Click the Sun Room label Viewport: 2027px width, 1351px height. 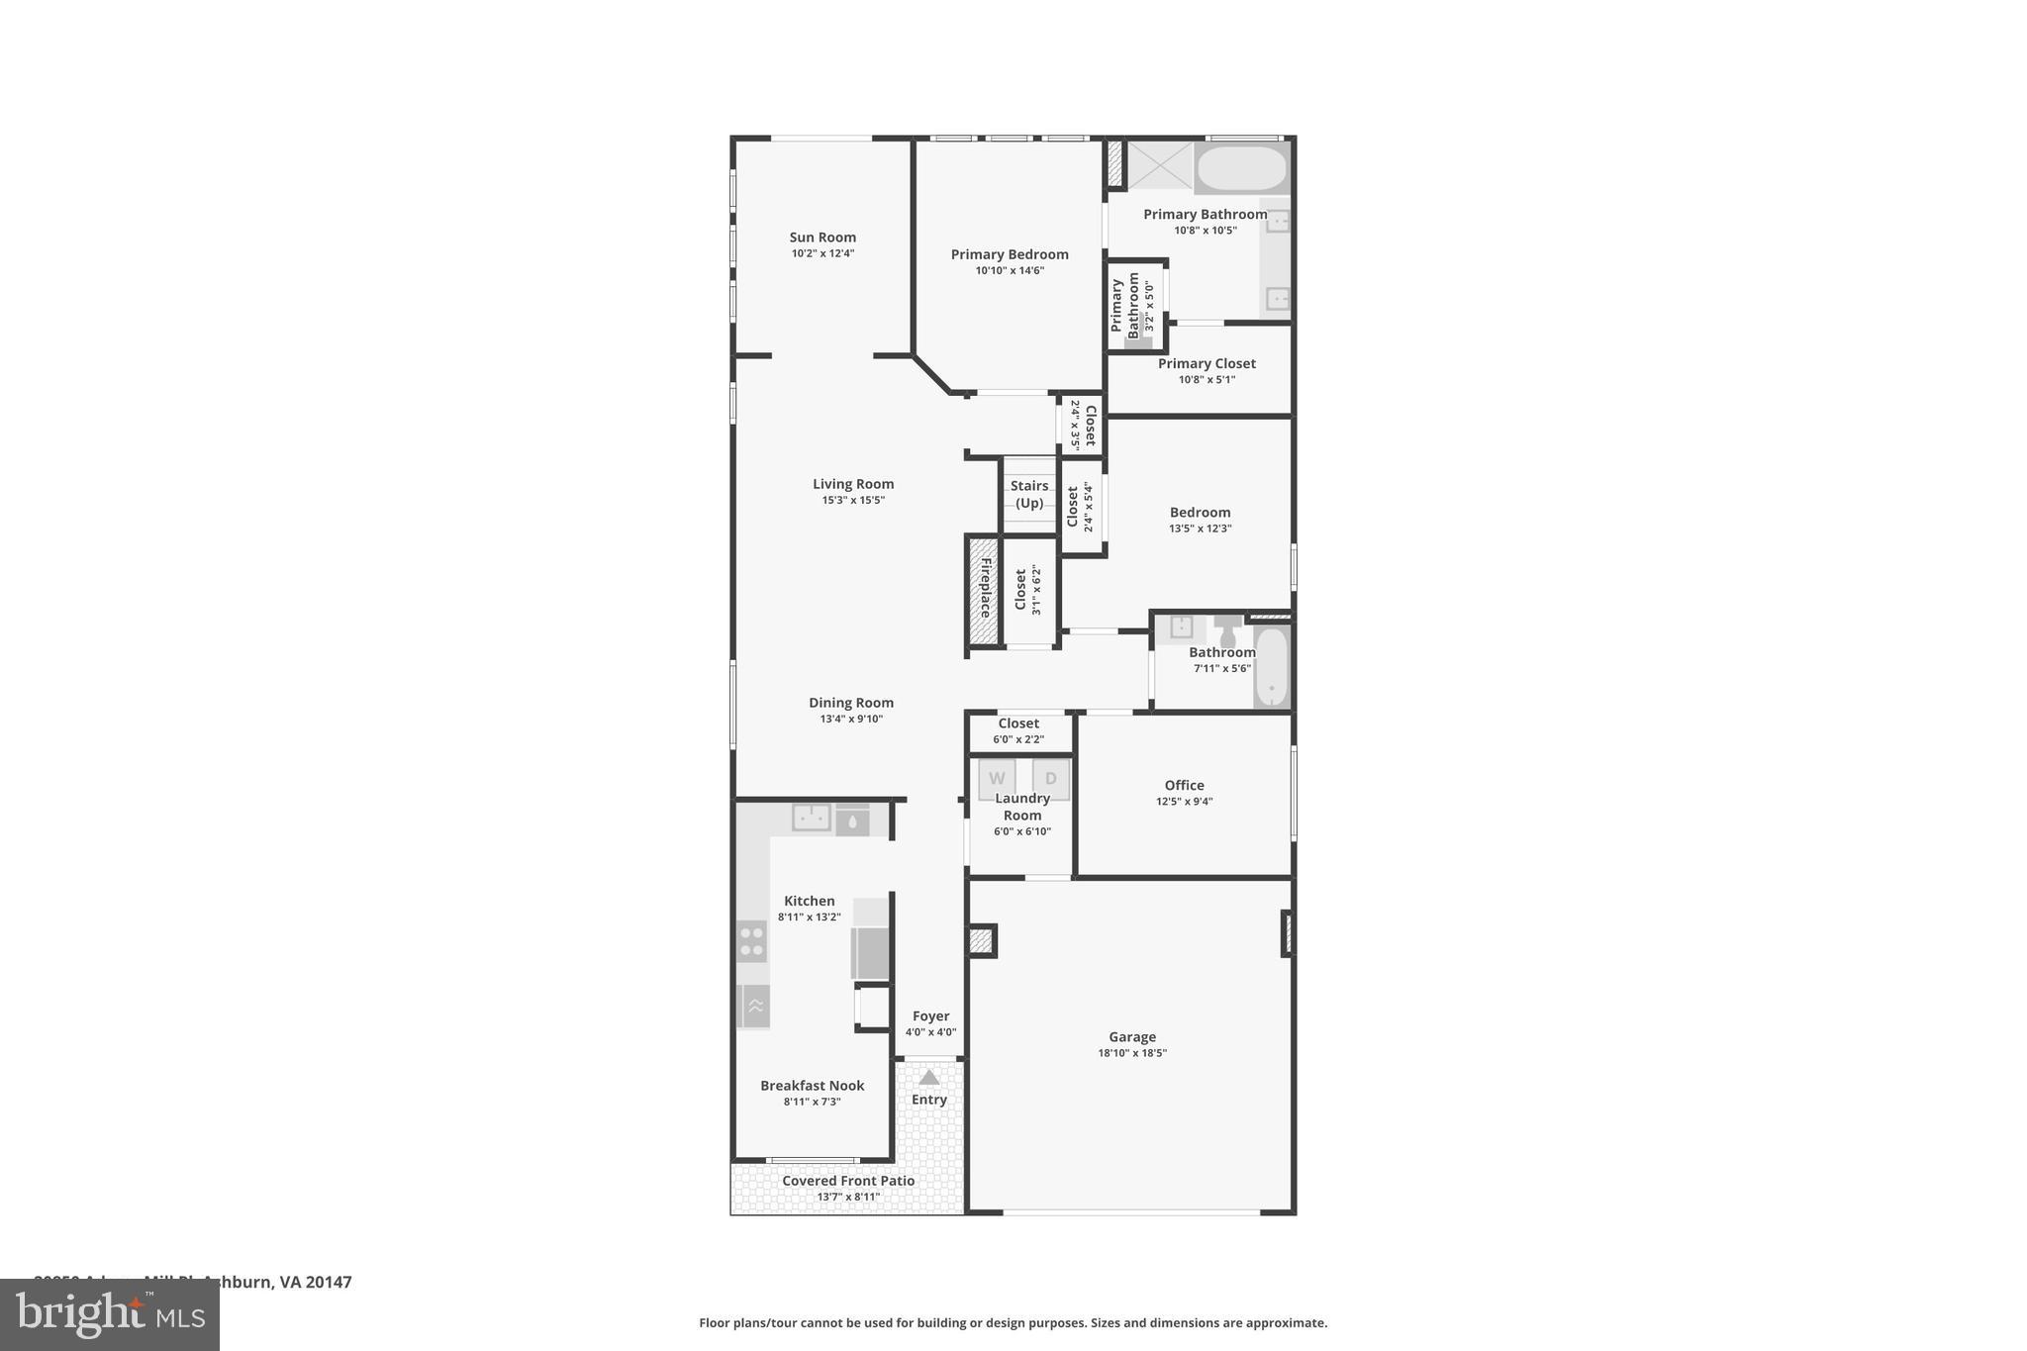coord(822,238)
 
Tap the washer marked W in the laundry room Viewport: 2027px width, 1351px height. coord(997,778)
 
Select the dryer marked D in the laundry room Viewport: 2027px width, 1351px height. coord(1051,778)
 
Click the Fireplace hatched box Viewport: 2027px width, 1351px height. coord(984,591)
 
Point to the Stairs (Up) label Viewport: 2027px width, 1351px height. coord(1029,494)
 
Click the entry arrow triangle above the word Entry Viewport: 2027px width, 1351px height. coord(928,1078)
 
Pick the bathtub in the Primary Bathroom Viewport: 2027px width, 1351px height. coord(1241,169)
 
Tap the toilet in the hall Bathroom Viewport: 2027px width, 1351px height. coord(1228,630)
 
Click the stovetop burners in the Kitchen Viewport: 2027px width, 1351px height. coord(752,941)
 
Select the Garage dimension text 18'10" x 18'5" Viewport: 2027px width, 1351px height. coord(1132,1053)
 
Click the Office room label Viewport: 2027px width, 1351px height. coord(1184,785)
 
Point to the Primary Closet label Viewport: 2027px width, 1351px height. coord(1207,363)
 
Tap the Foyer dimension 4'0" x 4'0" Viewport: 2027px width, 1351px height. coord(930,1032)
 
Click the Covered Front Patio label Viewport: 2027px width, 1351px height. coord(848,1181)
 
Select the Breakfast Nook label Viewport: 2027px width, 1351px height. coord(812,1086)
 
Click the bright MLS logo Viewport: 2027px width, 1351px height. coord(109,1315)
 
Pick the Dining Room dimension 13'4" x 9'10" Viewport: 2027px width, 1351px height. coord(851,720)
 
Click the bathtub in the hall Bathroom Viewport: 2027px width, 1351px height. coord(1271,666)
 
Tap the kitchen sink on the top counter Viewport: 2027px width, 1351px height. coord(811,818)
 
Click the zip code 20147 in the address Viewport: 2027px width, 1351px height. coord(329,1282)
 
